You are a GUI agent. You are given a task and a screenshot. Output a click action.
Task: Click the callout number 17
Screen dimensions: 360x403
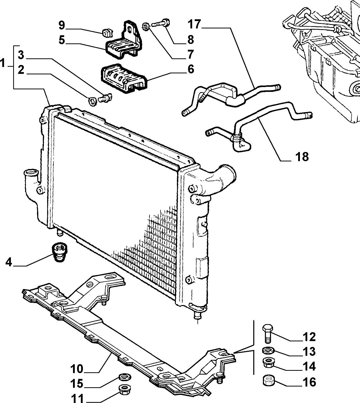pos(194,24)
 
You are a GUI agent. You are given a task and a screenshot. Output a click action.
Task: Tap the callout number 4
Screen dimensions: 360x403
pos(9,262)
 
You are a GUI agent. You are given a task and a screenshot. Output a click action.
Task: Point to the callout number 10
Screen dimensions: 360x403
pos(77,369)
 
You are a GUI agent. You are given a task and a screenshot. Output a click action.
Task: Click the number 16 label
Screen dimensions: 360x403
pos(309,382)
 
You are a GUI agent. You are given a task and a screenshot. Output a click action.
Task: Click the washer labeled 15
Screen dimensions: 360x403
pos(124,377)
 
